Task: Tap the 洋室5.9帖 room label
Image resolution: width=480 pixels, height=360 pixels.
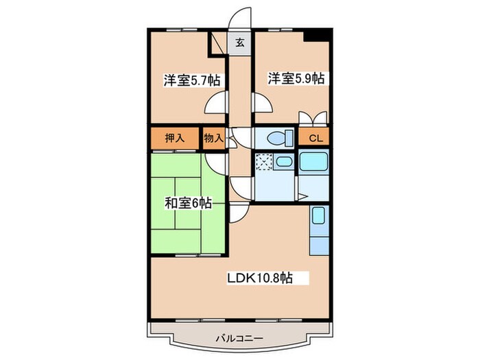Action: tap(295, 78)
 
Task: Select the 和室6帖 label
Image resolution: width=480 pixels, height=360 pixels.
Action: tap(187, 203)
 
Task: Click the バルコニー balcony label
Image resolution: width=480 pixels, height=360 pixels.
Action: tap(239, 337)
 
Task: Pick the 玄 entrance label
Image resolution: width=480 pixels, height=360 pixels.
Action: tap(240, 43)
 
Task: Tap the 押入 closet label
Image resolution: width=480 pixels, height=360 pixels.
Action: tap(175, 138)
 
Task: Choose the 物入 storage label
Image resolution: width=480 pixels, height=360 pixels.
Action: tap(213, 138)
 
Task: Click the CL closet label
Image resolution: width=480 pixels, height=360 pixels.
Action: tap(315, 138)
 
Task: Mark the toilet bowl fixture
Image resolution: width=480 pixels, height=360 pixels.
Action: tap(278, 138)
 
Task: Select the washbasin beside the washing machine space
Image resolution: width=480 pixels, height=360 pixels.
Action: tap(284, 163)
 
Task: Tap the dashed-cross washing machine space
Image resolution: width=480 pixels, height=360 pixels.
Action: tap(264, 163)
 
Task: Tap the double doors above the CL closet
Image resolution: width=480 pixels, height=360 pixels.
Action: tap(315, 119)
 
